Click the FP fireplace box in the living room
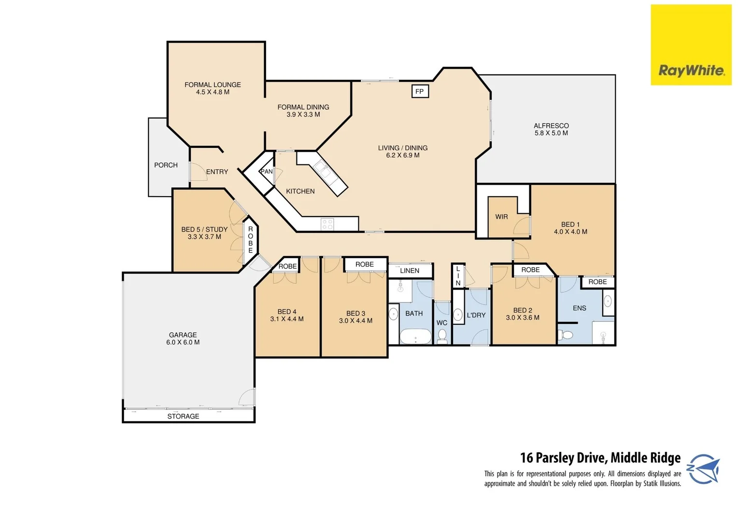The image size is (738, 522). coord(419,91)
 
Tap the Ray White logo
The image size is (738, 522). coord(691,71)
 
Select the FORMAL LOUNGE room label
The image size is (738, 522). coord(213,85)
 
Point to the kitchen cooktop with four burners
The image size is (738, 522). coord(327,224)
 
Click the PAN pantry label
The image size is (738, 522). coord(267,172)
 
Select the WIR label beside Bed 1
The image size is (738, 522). coord(501,217)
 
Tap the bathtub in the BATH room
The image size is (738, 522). coord(415,336)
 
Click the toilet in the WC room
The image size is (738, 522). coord(442,336)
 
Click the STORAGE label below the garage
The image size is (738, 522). coord(183,416)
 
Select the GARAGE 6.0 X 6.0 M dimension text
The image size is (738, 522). coord(183,342)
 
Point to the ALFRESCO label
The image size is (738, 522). coord(551,126)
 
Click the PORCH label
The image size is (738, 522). coord(166,165)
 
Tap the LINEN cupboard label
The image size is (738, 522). coord(410,271)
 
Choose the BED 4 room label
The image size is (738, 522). coord(287,312)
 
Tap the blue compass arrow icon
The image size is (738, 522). coord(703,469)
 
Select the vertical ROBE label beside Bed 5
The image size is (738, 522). coord(250,240)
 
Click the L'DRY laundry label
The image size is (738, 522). coord(476,315)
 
